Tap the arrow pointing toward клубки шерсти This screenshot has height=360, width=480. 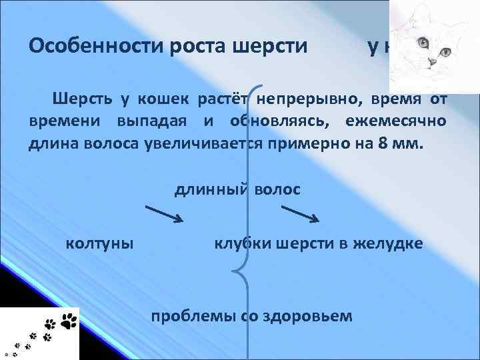click(304, 214)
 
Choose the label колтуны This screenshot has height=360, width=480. click(99, 243)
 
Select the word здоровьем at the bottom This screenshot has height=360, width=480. click(313, 315)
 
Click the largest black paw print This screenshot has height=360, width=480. click(69, 321)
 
